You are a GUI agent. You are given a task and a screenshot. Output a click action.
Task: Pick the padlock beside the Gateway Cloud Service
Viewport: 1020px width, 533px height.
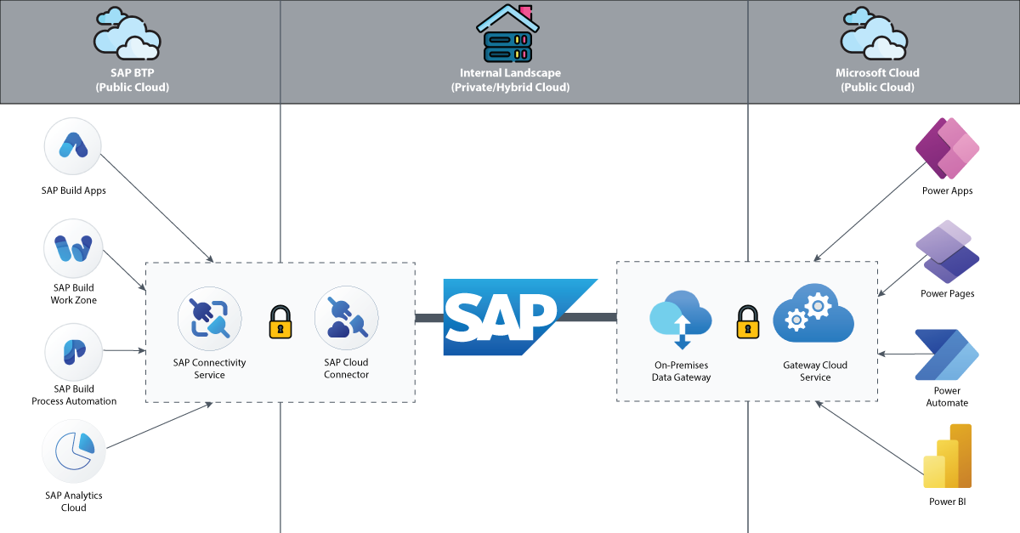[x=747, y=322]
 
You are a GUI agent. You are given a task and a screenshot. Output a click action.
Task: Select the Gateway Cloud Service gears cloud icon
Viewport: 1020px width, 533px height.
[x=813, y=314]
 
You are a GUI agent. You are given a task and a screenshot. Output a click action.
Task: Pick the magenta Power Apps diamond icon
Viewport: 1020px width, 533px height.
[x=947, y=148]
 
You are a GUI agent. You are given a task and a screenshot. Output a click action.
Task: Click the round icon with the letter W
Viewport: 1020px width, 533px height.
[x=73, y=250]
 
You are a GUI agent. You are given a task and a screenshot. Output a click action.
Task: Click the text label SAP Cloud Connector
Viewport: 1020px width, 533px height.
[x=346, y=368]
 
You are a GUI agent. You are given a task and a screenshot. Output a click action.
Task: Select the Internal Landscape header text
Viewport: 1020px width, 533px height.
[x=509, y=80]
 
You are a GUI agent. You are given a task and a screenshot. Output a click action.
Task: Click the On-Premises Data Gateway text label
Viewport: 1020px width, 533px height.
[x=681, y=371]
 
